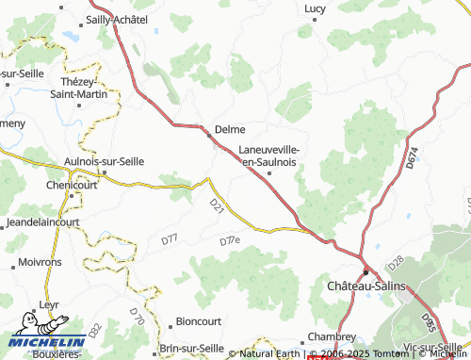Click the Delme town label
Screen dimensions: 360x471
coord(230,130)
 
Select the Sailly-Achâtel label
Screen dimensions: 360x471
coord(118,19)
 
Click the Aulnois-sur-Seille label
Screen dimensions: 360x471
coord(103,161)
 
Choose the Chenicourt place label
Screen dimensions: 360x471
coord(72,186)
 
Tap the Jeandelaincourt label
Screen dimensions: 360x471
coord(42,222)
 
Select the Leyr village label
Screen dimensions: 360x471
coord(49,305)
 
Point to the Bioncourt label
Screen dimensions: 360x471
coord(198,320)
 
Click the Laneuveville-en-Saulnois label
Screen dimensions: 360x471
coord(269,155)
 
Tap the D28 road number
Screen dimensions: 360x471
coord(396,259)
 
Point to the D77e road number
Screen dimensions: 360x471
coord(230,241)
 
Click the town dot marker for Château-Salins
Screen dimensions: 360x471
coord(365,270)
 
